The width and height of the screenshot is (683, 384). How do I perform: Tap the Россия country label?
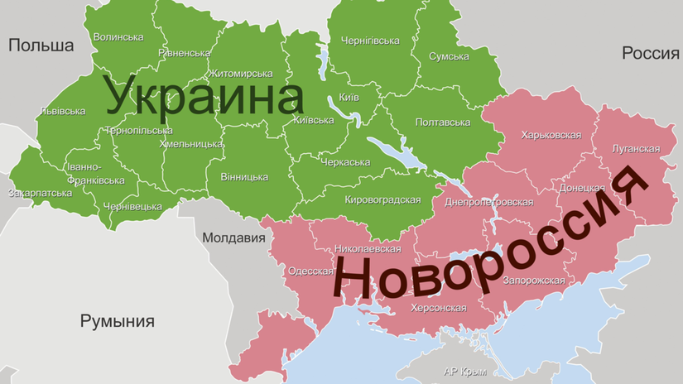[x=650, y=54]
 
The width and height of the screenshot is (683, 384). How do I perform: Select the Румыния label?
[x=117, y=321]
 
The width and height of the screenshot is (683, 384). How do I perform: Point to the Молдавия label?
[x=233, y=238]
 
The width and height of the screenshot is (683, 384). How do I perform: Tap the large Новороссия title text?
[x=488, y=248]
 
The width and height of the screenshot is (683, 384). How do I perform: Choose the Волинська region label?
[x=118, y=37]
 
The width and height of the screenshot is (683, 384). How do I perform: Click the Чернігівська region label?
[x=370, y=40]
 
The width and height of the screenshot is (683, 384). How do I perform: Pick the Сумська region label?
[x=449, y=56]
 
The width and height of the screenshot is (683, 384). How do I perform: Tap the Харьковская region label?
[x=551, y=133]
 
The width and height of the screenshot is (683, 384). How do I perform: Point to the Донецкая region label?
[x=582, y=188]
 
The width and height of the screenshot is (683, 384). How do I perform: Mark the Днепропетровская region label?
[x=489, y=202]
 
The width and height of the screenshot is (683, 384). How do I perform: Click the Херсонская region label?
[x=439, y=308]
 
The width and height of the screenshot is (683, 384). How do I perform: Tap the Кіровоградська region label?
[x=382, y=200]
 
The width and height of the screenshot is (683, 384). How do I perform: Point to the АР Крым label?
[x=464, y=370]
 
